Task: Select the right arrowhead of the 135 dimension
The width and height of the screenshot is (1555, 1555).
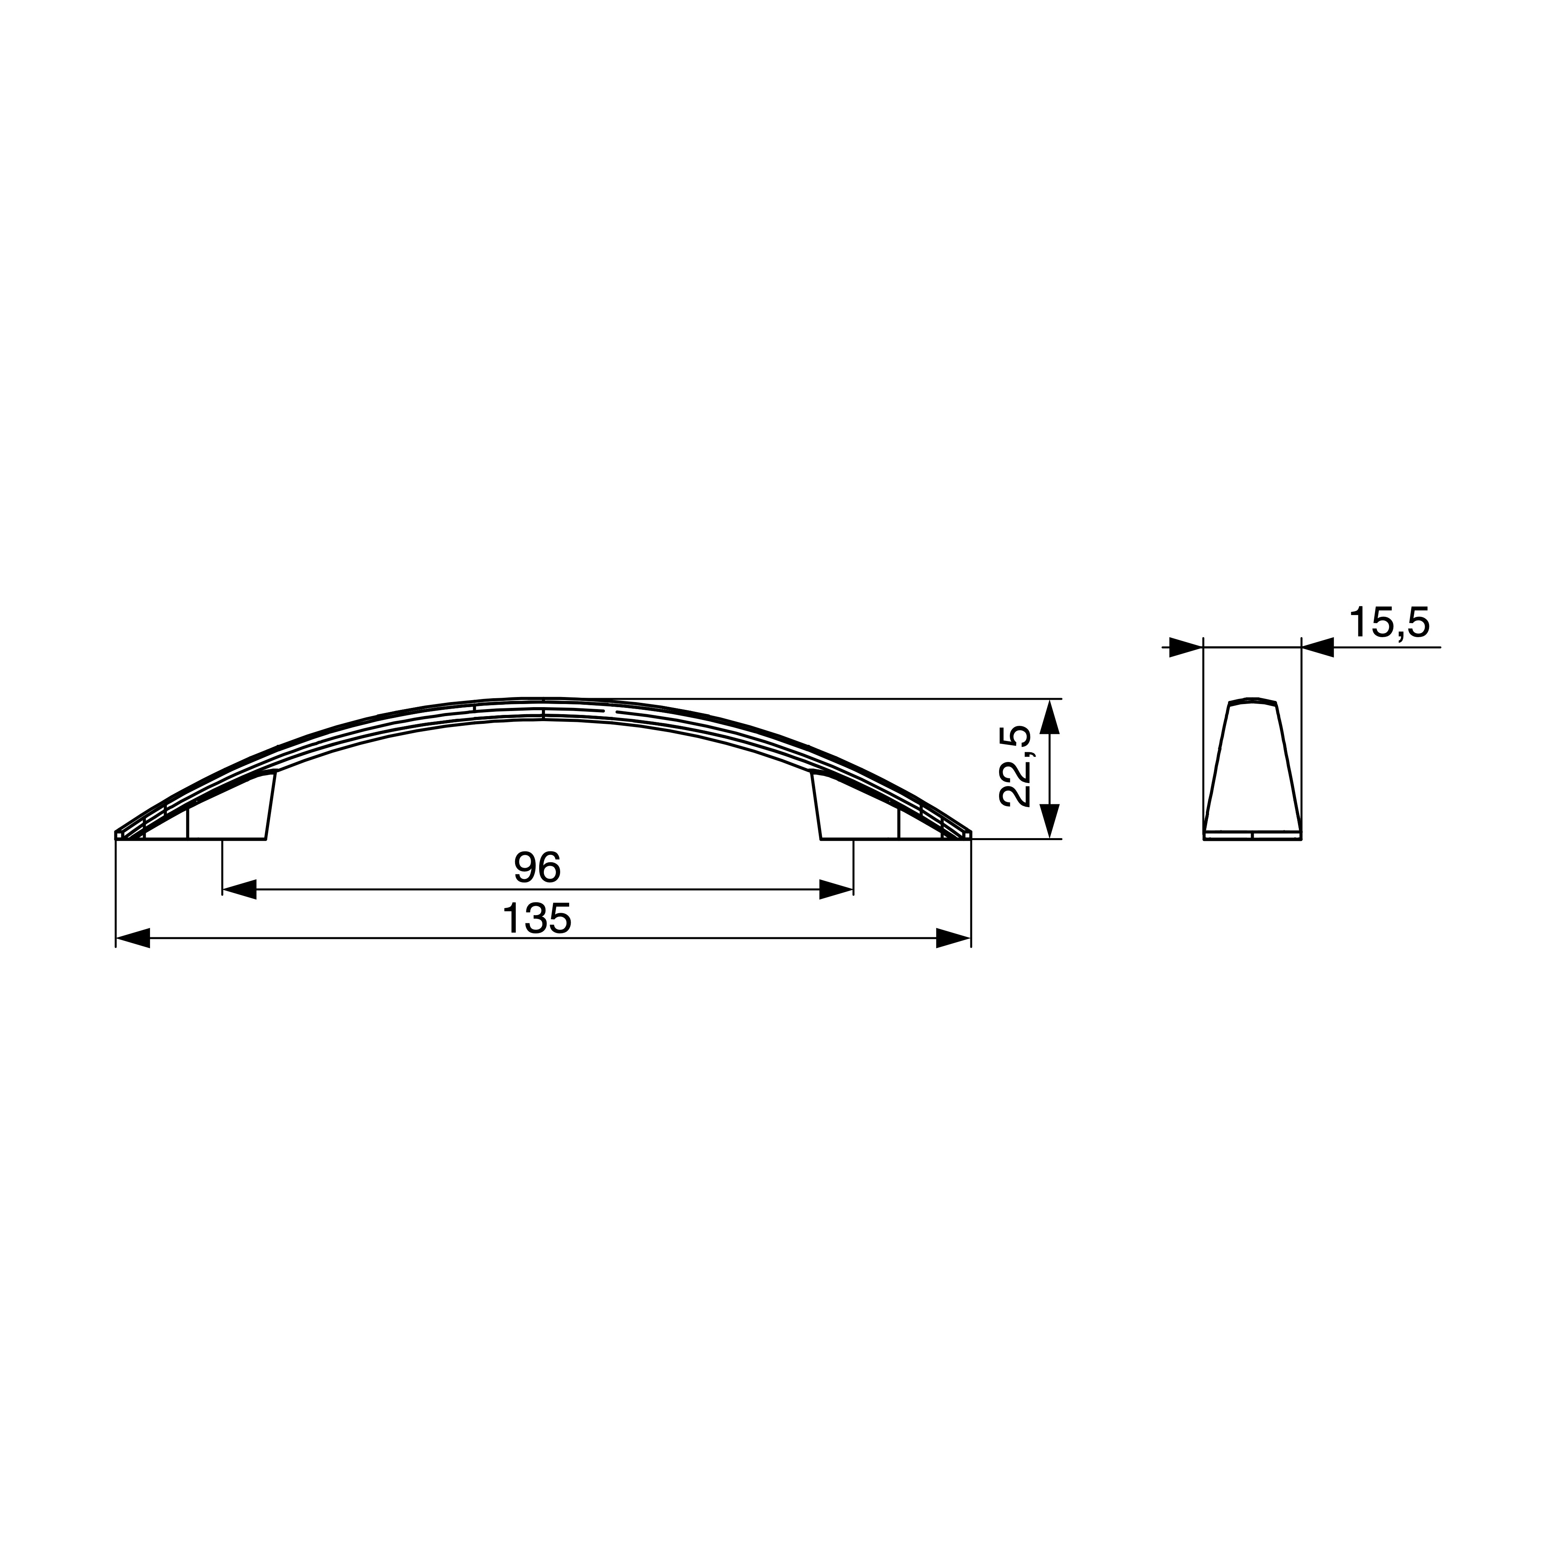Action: click(x=954, y=938)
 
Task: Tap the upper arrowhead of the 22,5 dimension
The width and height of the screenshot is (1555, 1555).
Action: click(x=1050, y=716)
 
